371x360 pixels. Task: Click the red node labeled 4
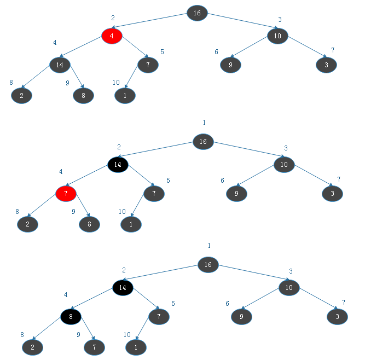coord(112,36)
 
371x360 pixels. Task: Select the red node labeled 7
coord(66,193)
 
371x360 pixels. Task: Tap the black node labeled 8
coord(71,316)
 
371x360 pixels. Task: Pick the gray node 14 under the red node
coord(60,65)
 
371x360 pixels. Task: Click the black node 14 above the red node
coord(117,165)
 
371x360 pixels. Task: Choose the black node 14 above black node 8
coord(123,287)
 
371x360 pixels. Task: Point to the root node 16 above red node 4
coord(197,13)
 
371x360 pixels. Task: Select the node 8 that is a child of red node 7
coord(89,224)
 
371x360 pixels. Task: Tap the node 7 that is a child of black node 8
coord(94,347)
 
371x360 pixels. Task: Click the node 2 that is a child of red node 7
coord(27,224)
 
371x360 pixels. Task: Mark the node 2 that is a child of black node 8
coord(32,347)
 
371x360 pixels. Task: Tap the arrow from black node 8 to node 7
coord(83,332)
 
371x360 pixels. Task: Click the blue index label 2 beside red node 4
coord(113,18)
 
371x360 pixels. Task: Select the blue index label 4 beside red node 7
coord(61,172)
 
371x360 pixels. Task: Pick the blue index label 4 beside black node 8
coord(66,295)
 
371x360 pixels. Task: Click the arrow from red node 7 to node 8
coord(78,209)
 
